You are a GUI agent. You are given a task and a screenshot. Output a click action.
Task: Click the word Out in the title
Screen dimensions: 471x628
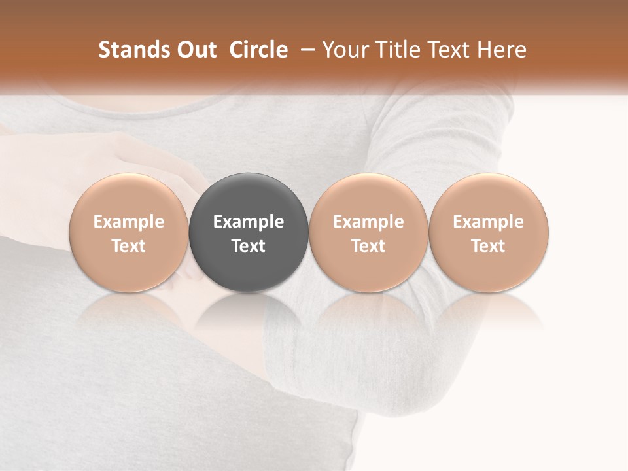pos(195,50)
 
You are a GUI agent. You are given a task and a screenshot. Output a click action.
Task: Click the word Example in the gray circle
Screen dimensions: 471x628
pos(249,222)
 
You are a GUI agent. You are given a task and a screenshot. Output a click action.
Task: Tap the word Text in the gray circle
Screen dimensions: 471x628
pos(249,246)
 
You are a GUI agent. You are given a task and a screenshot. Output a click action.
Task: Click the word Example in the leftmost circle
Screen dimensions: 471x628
pos(129,222)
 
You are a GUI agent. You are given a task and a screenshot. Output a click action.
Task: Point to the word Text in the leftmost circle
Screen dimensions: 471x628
pos(129,246)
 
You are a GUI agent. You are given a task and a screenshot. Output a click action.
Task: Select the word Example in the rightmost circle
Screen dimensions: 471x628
pos(488,222)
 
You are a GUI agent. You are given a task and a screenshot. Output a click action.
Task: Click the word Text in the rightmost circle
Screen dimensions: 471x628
pos(488,246)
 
